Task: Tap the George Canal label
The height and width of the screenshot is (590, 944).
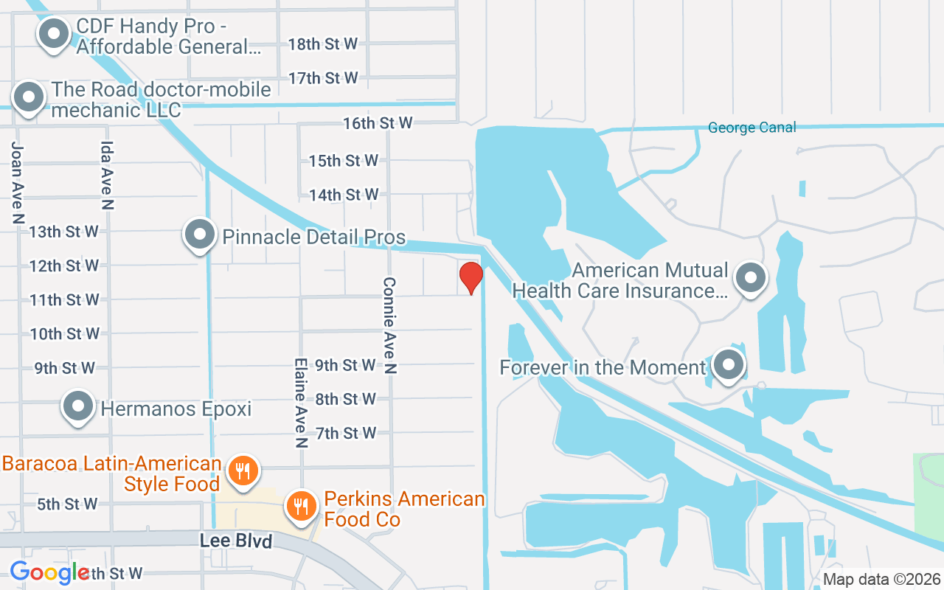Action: click(752, 128)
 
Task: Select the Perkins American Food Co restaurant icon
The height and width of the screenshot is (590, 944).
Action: click(301, 507)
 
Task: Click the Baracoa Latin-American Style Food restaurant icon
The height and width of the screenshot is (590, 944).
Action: click(242, 470)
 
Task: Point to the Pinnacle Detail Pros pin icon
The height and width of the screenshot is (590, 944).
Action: click(199, 235)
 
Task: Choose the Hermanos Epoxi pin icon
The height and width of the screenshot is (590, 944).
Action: click(78, 406)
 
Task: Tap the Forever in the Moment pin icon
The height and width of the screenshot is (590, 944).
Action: click(729, 365)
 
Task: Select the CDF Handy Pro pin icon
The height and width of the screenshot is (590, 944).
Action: click(53, 33)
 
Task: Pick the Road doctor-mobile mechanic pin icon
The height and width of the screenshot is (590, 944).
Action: click(29, 97)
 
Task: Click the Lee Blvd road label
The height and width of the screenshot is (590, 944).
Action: click(236, 541)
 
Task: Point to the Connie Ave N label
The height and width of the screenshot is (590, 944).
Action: click(389, 324)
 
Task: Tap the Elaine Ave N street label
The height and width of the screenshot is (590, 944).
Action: click(300, 403)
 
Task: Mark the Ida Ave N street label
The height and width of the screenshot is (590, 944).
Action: click(108, 176)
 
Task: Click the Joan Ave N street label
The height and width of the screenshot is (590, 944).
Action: click(18, 182)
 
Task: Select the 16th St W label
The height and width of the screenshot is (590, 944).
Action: click(378, 123)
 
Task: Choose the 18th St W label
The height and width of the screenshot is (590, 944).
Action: click(323, 44)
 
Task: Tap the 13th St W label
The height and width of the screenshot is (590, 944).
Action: click(64, 232)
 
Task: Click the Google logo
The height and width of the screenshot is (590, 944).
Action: click(49, 572)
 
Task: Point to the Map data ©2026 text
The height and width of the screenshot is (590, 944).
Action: click(882, 579)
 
